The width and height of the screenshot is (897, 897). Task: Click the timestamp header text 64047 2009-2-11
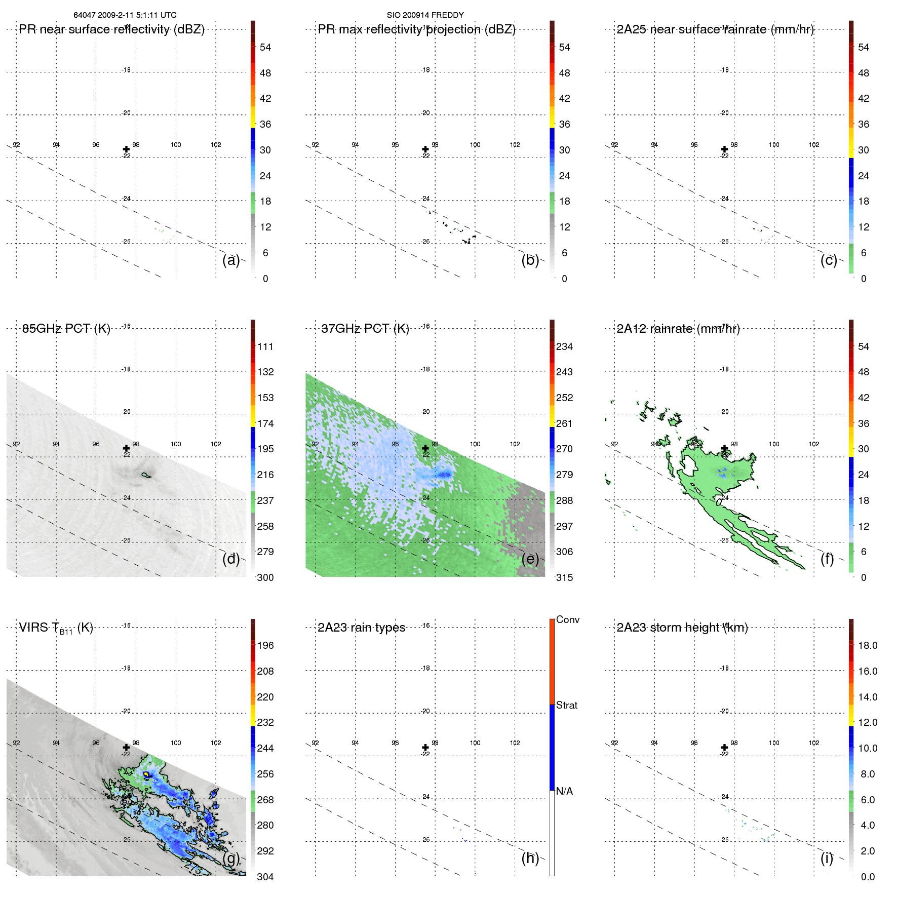tap(125, 15)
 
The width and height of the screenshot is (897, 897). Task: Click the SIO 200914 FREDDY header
tap(425, 15)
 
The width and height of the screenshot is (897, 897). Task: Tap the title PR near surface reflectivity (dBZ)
tap(111, 29)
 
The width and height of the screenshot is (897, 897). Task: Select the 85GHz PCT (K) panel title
tap(66, 329)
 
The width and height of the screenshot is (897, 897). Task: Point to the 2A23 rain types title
tap(361, 628)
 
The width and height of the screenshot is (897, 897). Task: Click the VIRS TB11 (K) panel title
tap(56, 628)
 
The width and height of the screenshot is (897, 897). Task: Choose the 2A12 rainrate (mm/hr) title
tap(678, 329)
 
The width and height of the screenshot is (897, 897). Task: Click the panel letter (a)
tap(231, 260)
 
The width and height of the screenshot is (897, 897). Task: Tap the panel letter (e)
tap(530, 559)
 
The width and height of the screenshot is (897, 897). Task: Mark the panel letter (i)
tap(827, 858)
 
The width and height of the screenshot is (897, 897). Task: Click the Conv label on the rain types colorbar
tap(567, 619)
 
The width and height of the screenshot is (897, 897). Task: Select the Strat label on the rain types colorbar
tap(566, 705)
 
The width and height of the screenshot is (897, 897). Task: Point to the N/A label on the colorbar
tap(564, 791)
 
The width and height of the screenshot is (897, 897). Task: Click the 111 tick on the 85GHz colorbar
tap(265, 346)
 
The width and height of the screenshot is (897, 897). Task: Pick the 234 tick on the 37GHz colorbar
tap(564, 346)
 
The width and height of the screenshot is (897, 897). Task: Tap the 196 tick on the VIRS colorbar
tap(265, 645)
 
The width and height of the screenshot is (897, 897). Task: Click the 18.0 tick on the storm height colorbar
tap(867, 645)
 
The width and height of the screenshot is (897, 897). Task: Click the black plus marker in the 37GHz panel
tap(425, 448)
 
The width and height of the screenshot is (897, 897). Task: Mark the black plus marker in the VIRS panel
tap(126, 747)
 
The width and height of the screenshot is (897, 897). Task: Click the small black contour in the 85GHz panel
tap(147, 475)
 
